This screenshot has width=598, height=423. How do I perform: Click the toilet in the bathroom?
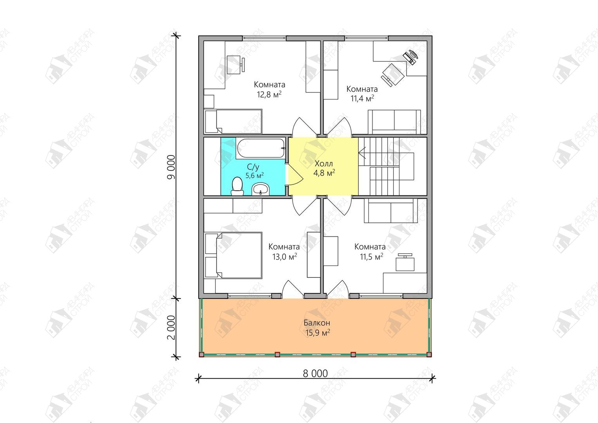pyautogui.click(x=237, y=186)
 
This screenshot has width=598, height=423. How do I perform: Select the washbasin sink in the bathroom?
pyautogui.click(x=260, y=189)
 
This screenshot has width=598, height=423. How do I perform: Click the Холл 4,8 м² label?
pyautogui.click(x=324, y=168)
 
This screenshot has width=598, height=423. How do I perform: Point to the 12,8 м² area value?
pyautogui.click(x=269, y=94)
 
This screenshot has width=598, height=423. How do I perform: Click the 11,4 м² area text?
pyautogui.click(x=362, y=99)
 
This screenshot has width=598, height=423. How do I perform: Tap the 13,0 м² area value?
pyautogui.click(x=285, y=257)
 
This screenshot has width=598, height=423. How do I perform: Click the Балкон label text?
pyautogui.click(x=317, y=323)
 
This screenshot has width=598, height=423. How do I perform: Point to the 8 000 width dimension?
pyautogui.click(x=315, y=373)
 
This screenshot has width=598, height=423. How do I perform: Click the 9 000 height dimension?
pyautogui.click(x=171, y=167)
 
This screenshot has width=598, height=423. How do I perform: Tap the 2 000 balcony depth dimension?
pyautogui.click(x=171, y=327)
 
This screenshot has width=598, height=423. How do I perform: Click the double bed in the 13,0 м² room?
pyautogui.click(x=233, y=255)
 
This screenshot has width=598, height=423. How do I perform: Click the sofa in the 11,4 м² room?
pyautogui.click(x=394, y=122)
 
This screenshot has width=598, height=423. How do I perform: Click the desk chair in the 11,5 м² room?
pyautogui.click(x=405, y=262)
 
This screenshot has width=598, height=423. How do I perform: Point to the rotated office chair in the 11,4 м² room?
pyautogui.click(x=392, y=74)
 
